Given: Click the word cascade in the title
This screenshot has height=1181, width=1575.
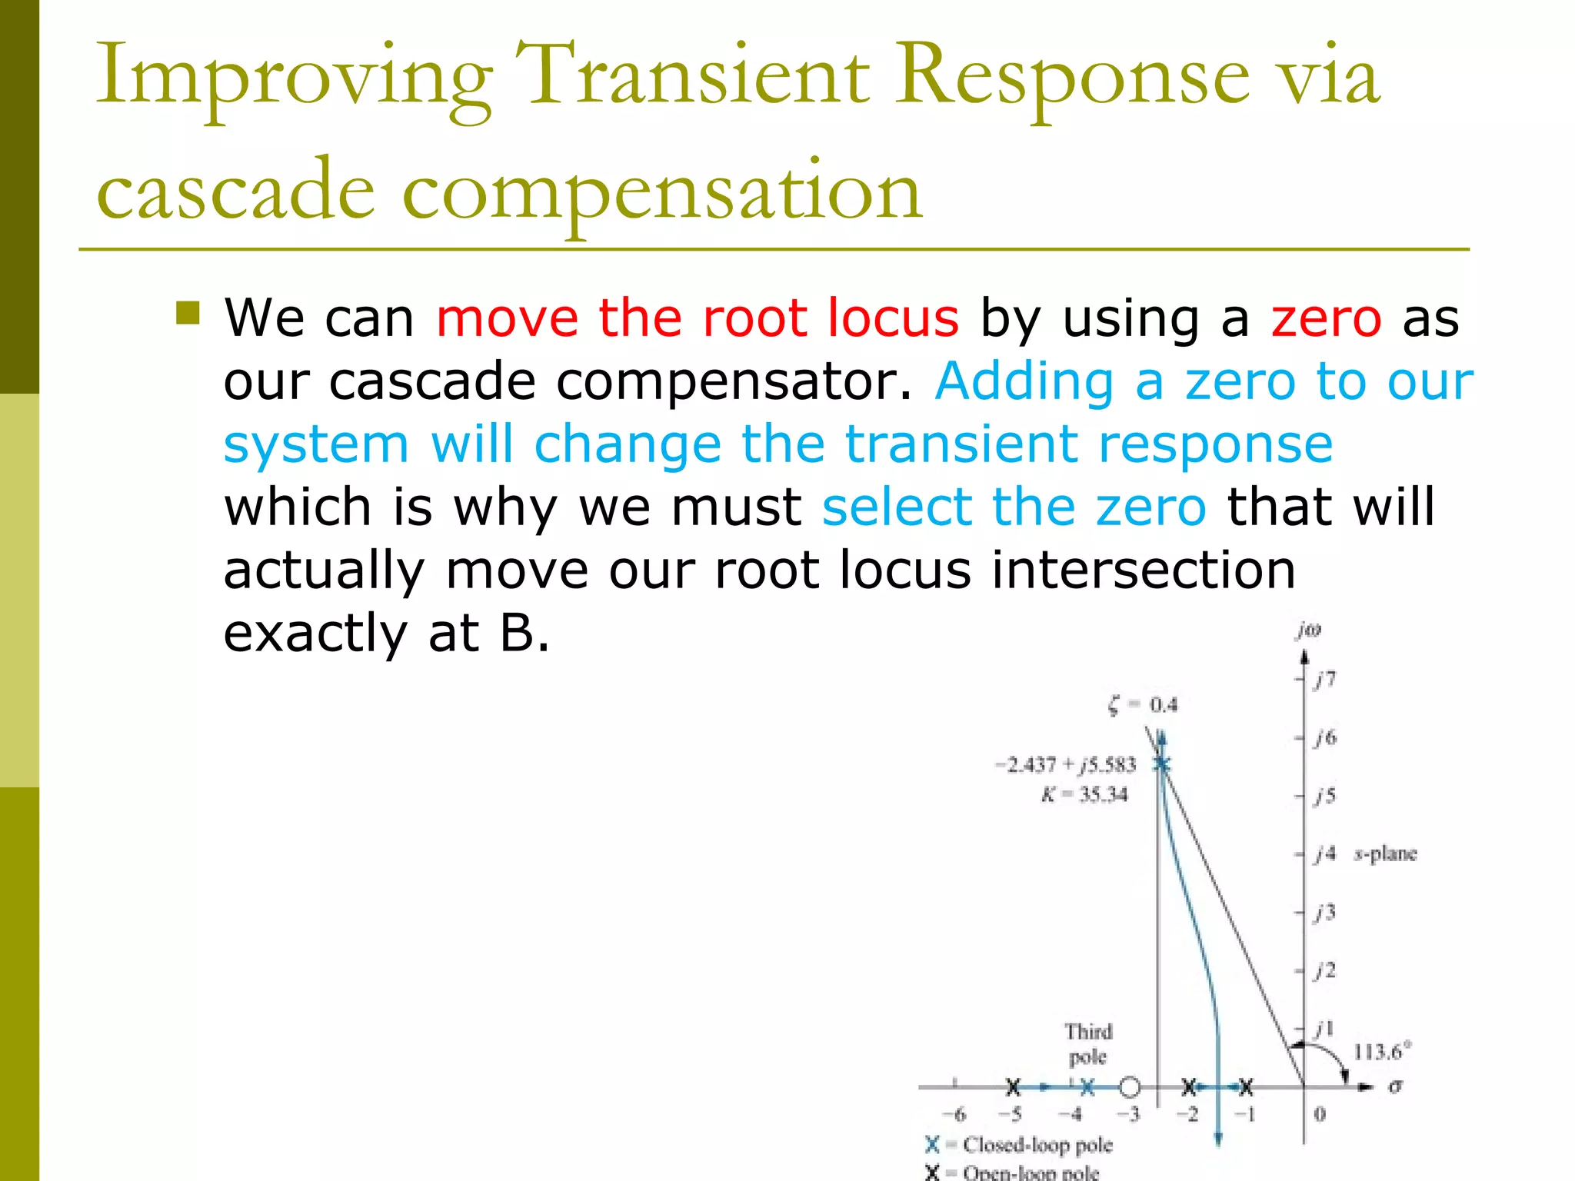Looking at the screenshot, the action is (235, 191).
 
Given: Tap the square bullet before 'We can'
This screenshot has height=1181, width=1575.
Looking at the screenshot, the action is (188, 313).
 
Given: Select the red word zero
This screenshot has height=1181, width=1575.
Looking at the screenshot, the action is (1326, 318).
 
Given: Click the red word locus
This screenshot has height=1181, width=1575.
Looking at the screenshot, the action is (893, 318).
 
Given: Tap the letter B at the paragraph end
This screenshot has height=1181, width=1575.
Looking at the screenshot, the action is (517, 634).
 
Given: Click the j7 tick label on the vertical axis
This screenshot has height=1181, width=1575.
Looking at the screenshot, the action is (1325, 679).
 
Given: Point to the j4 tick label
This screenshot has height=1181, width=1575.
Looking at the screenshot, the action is (1325, 853).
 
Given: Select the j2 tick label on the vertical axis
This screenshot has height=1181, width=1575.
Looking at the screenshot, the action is (1325, 970).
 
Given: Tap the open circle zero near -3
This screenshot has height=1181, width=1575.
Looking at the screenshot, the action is (1129, 1087).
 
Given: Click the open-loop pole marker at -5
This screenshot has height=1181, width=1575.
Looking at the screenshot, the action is (1014, 1087).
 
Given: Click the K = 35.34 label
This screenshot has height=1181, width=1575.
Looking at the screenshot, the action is (1084, 794).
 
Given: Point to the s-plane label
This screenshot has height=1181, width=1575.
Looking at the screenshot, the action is (1384, 853).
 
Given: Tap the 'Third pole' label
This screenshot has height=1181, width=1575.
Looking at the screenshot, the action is (1088, 1043).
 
